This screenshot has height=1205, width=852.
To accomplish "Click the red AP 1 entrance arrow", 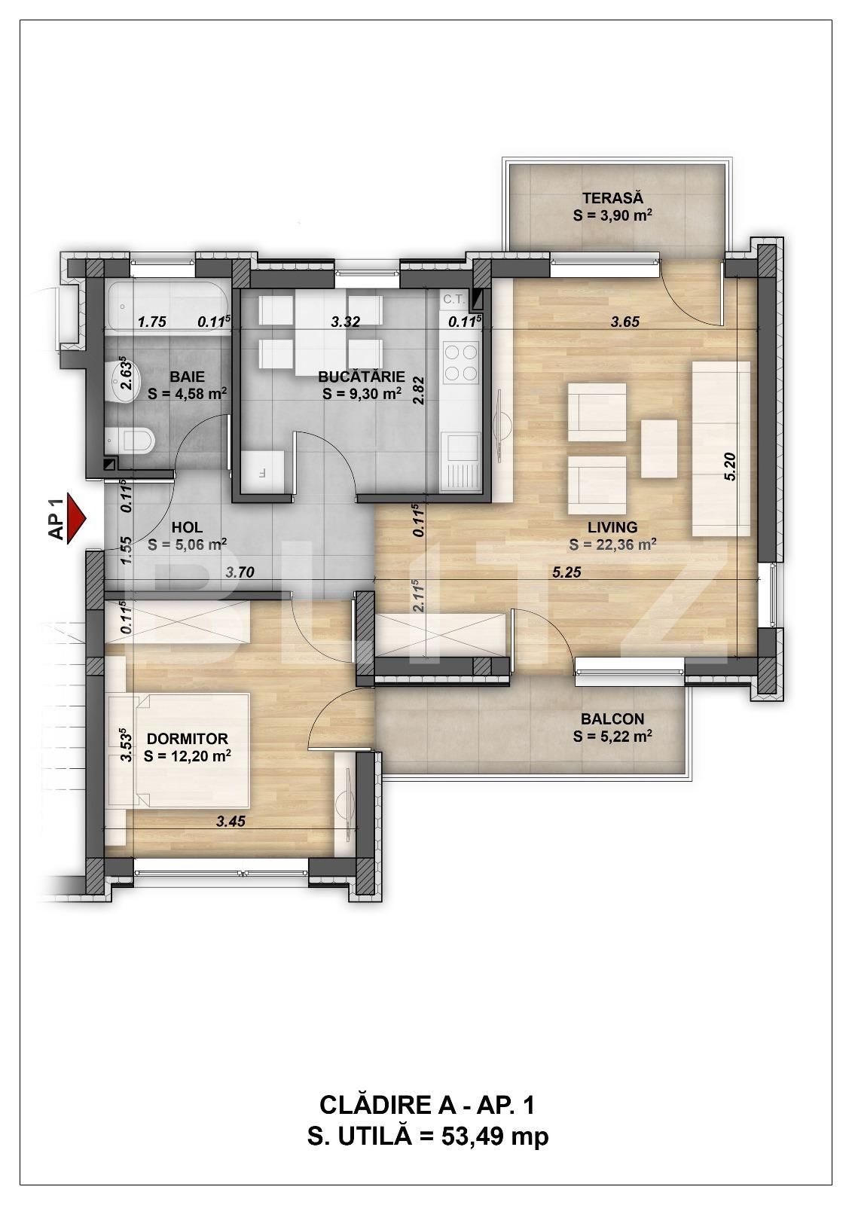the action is coord(76,518).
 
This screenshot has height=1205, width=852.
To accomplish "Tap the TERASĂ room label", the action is coord(612,197).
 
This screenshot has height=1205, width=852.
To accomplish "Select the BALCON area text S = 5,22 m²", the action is coord(612,737).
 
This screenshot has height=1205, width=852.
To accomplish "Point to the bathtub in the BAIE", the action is coord(169,307).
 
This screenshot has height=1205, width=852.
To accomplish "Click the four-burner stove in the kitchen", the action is coord(461,362).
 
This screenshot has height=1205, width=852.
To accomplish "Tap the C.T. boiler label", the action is coord(453,298).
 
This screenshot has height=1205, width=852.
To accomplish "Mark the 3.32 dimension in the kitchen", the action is coord(345,322).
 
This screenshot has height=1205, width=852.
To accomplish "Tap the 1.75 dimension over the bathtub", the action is coord(151,322).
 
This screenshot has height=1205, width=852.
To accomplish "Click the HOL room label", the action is coord(188,526).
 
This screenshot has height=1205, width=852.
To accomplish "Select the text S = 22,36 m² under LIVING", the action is coord(612,545).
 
